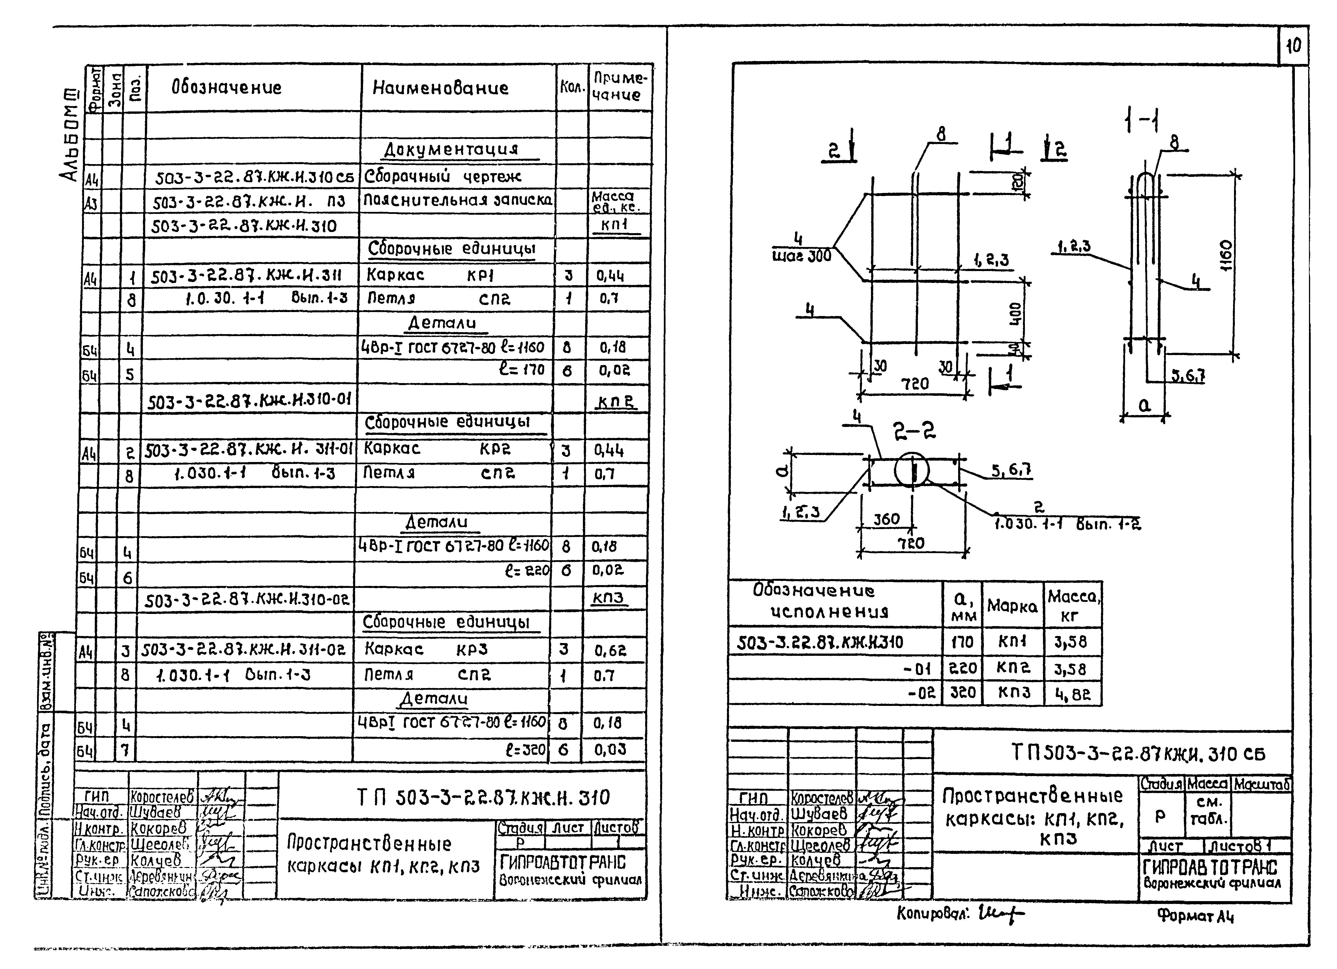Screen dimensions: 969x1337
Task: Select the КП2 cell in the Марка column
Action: [x=1013, y=668]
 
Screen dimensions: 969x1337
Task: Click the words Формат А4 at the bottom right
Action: [x=1195, y=915]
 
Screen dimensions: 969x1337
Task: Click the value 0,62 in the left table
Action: [x=610, y=651]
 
